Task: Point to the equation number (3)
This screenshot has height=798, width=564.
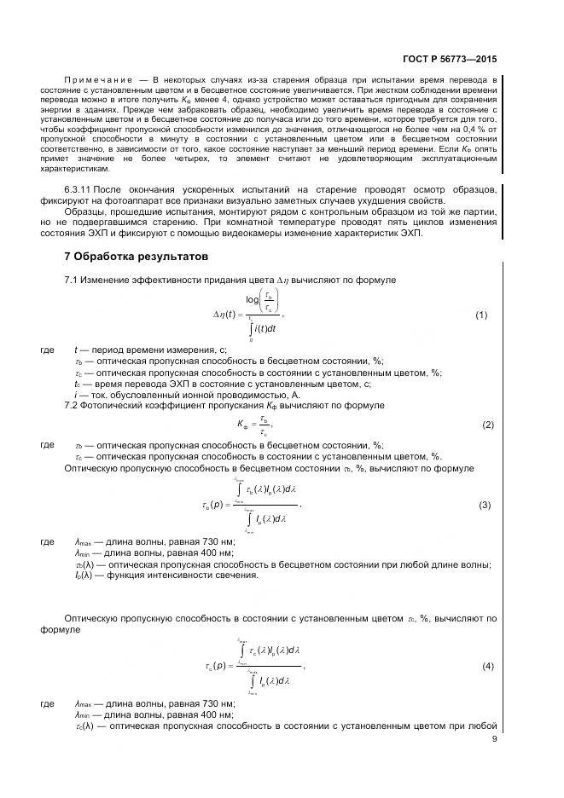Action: coord(484,505)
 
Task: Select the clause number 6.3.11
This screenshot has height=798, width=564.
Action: coord(78,188)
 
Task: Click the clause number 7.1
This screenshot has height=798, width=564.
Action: coord(72,280)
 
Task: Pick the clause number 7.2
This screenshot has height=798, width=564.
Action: coord(72,405)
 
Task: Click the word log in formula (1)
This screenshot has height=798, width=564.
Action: coord(253,299)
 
